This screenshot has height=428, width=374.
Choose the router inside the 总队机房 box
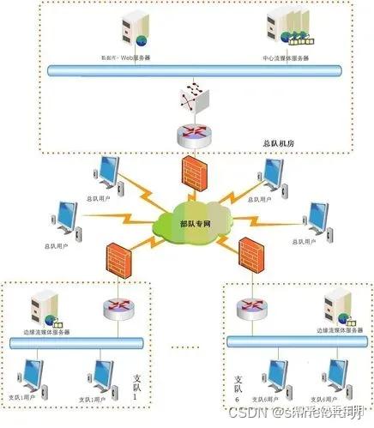click(190, 134)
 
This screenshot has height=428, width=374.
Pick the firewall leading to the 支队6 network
click(250, 253)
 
